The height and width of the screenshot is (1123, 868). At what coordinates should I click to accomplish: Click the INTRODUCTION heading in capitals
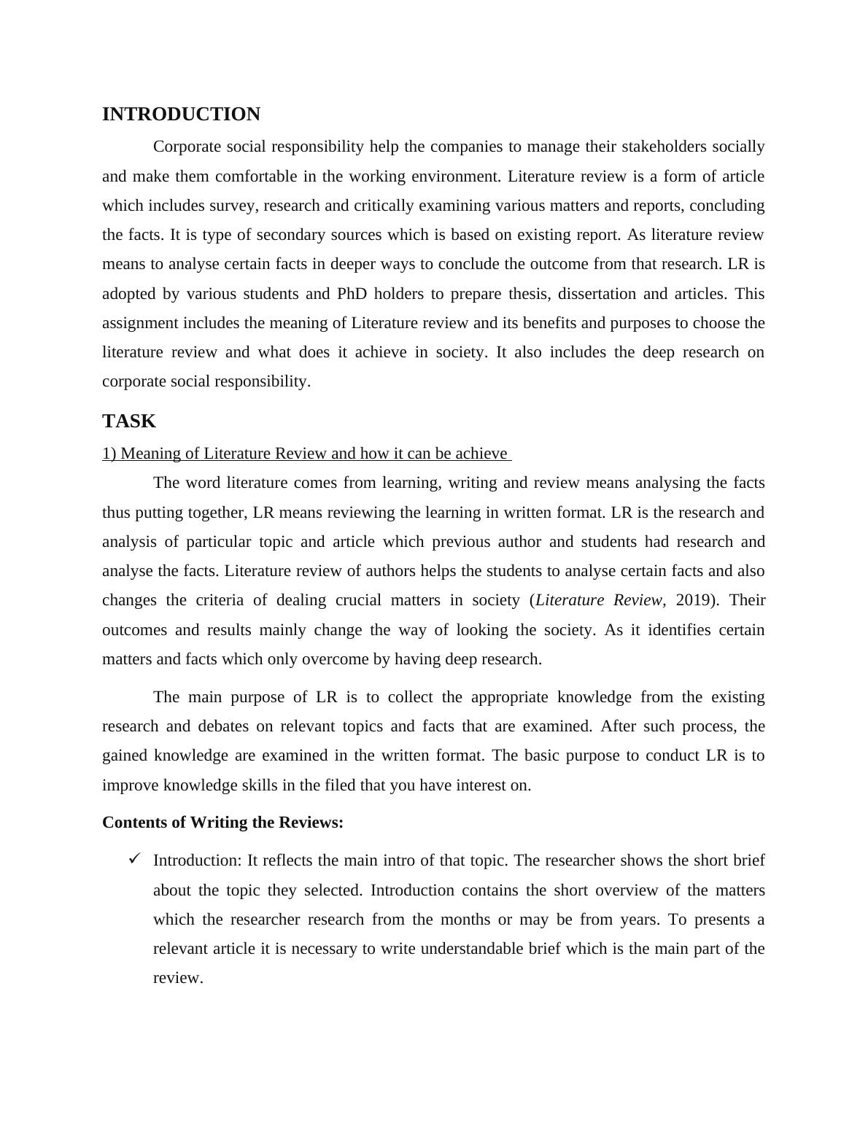pos(181,114)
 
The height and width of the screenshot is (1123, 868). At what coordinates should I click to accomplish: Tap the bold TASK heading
pos(129,421)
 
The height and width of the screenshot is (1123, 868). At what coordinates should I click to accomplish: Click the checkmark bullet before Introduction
pos(133,859)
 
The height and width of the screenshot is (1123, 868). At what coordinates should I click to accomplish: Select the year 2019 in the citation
pos(694,600)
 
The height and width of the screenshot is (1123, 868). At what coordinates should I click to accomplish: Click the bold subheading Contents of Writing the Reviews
pos(222,823)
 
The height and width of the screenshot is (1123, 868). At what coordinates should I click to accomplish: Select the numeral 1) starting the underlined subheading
pos(109,454)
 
